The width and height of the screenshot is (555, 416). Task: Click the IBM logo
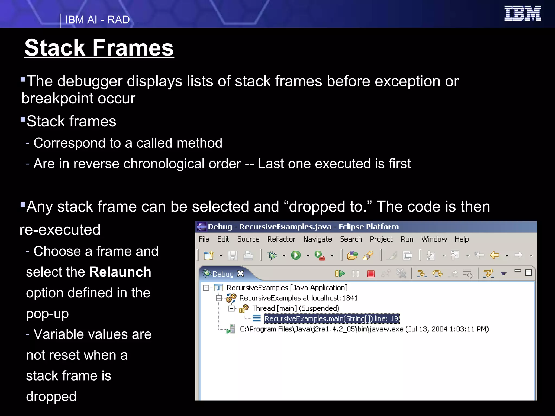522,13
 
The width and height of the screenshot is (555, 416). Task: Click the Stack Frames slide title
99,48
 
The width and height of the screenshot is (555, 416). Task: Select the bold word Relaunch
120,272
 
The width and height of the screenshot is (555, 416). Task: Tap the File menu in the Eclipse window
204,239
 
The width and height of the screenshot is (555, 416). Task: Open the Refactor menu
281,239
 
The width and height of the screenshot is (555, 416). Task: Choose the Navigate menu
318,239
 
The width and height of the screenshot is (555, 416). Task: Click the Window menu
434,239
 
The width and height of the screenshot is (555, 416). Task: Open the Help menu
462,239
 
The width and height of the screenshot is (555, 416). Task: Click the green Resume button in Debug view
340,274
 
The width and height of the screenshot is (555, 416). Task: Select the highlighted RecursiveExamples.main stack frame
331,319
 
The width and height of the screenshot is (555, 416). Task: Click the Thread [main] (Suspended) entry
296,308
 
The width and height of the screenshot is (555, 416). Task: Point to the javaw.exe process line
364,329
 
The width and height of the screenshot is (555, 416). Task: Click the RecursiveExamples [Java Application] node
287,288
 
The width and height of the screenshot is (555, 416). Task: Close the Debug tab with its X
240,274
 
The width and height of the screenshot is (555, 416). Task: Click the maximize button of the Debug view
528,273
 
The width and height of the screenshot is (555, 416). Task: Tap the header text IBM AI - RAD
97,20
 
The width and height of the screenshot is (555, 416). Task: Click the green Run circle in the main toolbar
296,255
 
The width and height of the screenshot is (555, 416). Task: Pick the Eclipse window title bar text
303,227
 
